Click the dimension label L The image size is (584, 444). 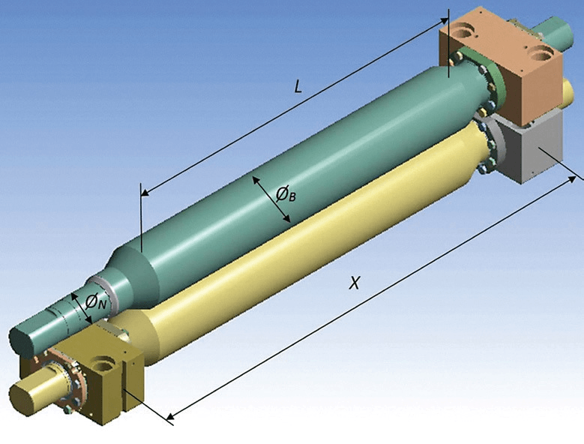click(x=298, y=87)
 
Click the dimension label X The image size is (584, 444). click(x=355, y=283)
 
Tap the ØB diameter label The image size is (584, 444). click(x=286, y=193)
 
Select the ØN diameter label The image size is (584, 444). click(x=96, y=301)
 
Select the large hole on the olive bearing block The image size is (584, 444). click(x=105, y=363)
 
